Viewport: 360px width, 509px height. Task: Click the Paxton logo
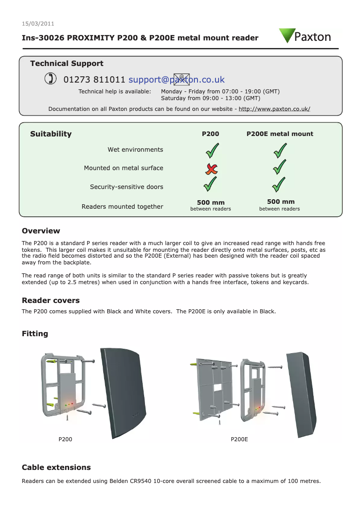click(305, 36)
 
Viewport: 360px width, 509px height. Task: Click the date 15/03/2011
click(38, 24)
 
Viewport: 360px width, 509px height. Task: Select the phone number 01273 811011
click(94, 80)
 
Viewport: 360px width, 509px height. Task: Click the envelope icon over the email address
click(181, 79)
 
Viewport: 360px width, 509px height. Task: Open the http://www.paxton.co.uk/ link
click(274, 109)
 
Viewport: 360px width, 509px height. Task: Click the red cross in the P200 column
click(211, 168)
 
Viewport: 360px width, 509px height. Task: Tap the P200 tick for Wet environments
click(212, 150)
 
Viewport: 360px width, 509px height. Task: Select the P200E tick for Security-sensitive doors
click(280, 184)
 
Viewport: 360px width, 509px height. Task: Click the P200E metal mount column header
click(280, 134)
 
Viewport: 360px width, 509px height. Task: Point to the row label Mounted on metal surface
click(123, 168)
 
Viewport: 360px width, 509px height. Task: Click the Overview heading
click(41, 231)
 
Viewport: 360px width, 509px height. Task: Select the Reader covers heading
click(51, 300)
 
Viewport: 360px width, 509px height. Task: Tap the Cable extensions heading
click(56, 467)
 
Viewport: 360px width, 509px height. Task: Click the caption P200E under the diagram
click(239, 439)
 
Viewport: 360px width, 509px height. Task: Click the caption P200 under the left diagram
click(66, 439)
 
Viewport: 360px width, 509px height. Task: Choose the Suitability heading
click(51, 134)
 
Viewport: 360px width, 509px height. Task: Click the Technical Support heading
click(66, 64)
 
